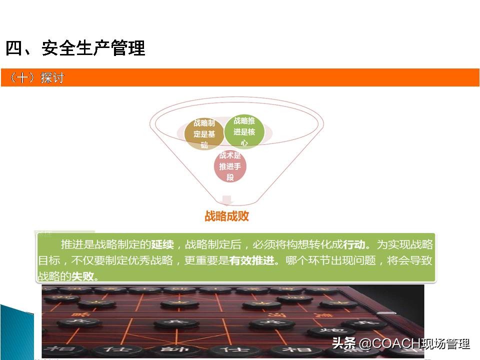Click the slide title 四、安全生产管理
coord(75,48)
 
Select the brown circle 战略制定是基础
coord(203,133)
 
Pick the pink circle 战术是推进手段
coord(230,166)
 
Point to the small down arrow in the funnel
coord(227,200)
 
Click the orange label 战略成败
coord(227,216)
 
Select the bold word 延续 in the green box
coord(162,245)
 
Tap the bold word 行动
coord(356,245)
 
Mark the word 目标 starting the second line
coord(49,260)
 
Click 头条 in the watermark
coord(343,344)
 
